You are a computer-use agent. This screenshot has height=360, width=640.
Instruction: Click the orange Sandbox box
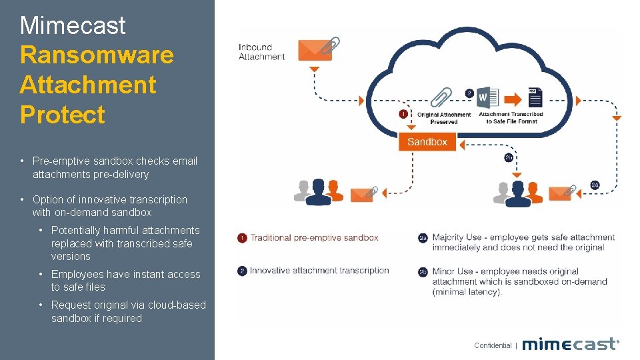click(427, 141)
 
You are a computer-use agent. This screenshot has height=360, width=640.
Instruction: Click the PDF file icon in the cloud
click(535, 97)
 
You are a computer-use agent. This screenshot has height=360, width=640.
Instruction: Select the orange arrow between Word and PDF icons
click(513, 99)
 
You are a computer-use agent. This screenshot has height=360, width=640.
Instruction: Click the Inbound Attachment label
click(261, 52)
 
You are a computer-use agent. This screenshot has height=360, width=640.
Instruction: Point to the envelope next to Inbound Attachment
click(315, 50)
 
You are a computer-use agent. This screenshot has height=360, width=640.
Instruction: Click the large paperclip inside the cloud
click(441, 97)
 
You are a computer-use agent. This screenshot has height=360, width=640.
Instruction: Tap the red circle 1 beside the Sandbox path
click(403, 114)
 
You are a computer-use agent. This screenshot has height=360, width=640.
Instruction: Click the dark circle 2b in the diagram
click(509, 158)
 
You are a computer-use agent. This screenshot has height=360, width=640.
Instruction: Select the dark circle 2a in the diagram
click(595, 185)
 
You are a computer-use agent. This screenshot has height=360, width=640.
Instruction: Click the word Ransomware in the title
click(97, 55)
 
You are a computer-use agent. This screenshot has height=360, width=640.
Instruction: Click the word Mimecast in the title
click(73, 25)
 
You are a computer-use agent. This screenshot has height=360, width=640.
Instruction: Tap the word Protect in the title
click(63, 115)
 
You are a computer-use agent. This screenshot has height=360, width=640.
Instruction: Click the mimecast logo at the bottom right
click(570, 344)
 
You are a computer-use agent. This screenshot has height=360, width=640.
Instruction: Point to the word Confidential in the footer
click(493, 345)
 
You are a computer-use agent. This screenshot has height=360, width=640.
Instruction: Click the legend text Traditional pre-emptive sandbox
click(314, 237)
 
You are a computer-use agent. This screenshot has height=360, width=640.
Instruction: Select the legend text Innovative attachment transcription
click(319, 270)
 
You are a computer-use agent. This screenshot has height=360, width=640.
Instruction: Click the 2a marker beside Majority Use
click(423, 238)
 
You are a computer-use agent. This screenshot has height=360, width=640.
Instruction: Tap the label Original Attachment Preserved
click(444, 118)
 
